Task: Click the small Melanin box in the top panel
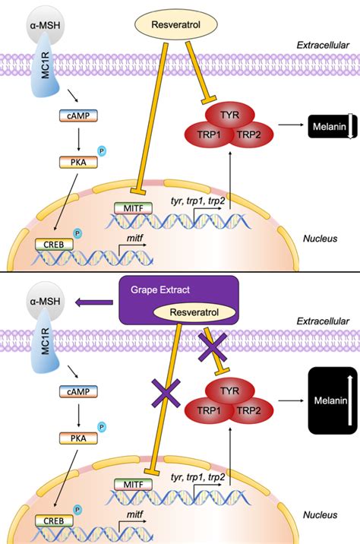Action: click(x=329, y=124)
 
